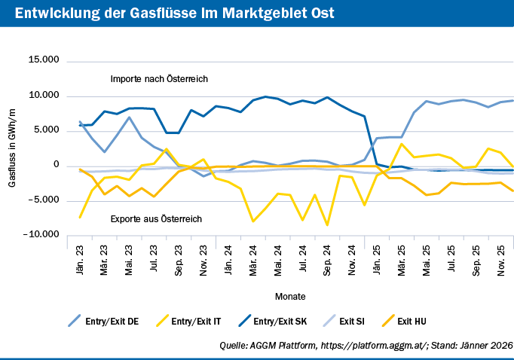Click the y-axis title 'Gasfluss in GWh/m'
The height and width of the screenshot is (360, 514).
point(12,148)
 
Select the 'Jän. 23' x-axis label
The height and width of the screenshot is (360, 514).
point(81,258)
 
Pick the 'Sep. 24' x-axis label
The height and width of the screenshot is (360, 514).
point(328,258)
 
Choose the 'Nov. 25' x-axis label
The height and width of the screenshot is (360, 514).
point(500,258)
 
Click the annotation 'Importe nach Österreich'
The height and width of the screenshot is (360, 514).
point(159,79)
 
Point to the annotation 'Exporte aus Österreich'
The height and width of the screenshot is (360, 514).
point(157,219)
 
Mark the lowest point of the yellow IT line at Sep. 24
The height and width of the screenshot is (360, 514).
point(328,224)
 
